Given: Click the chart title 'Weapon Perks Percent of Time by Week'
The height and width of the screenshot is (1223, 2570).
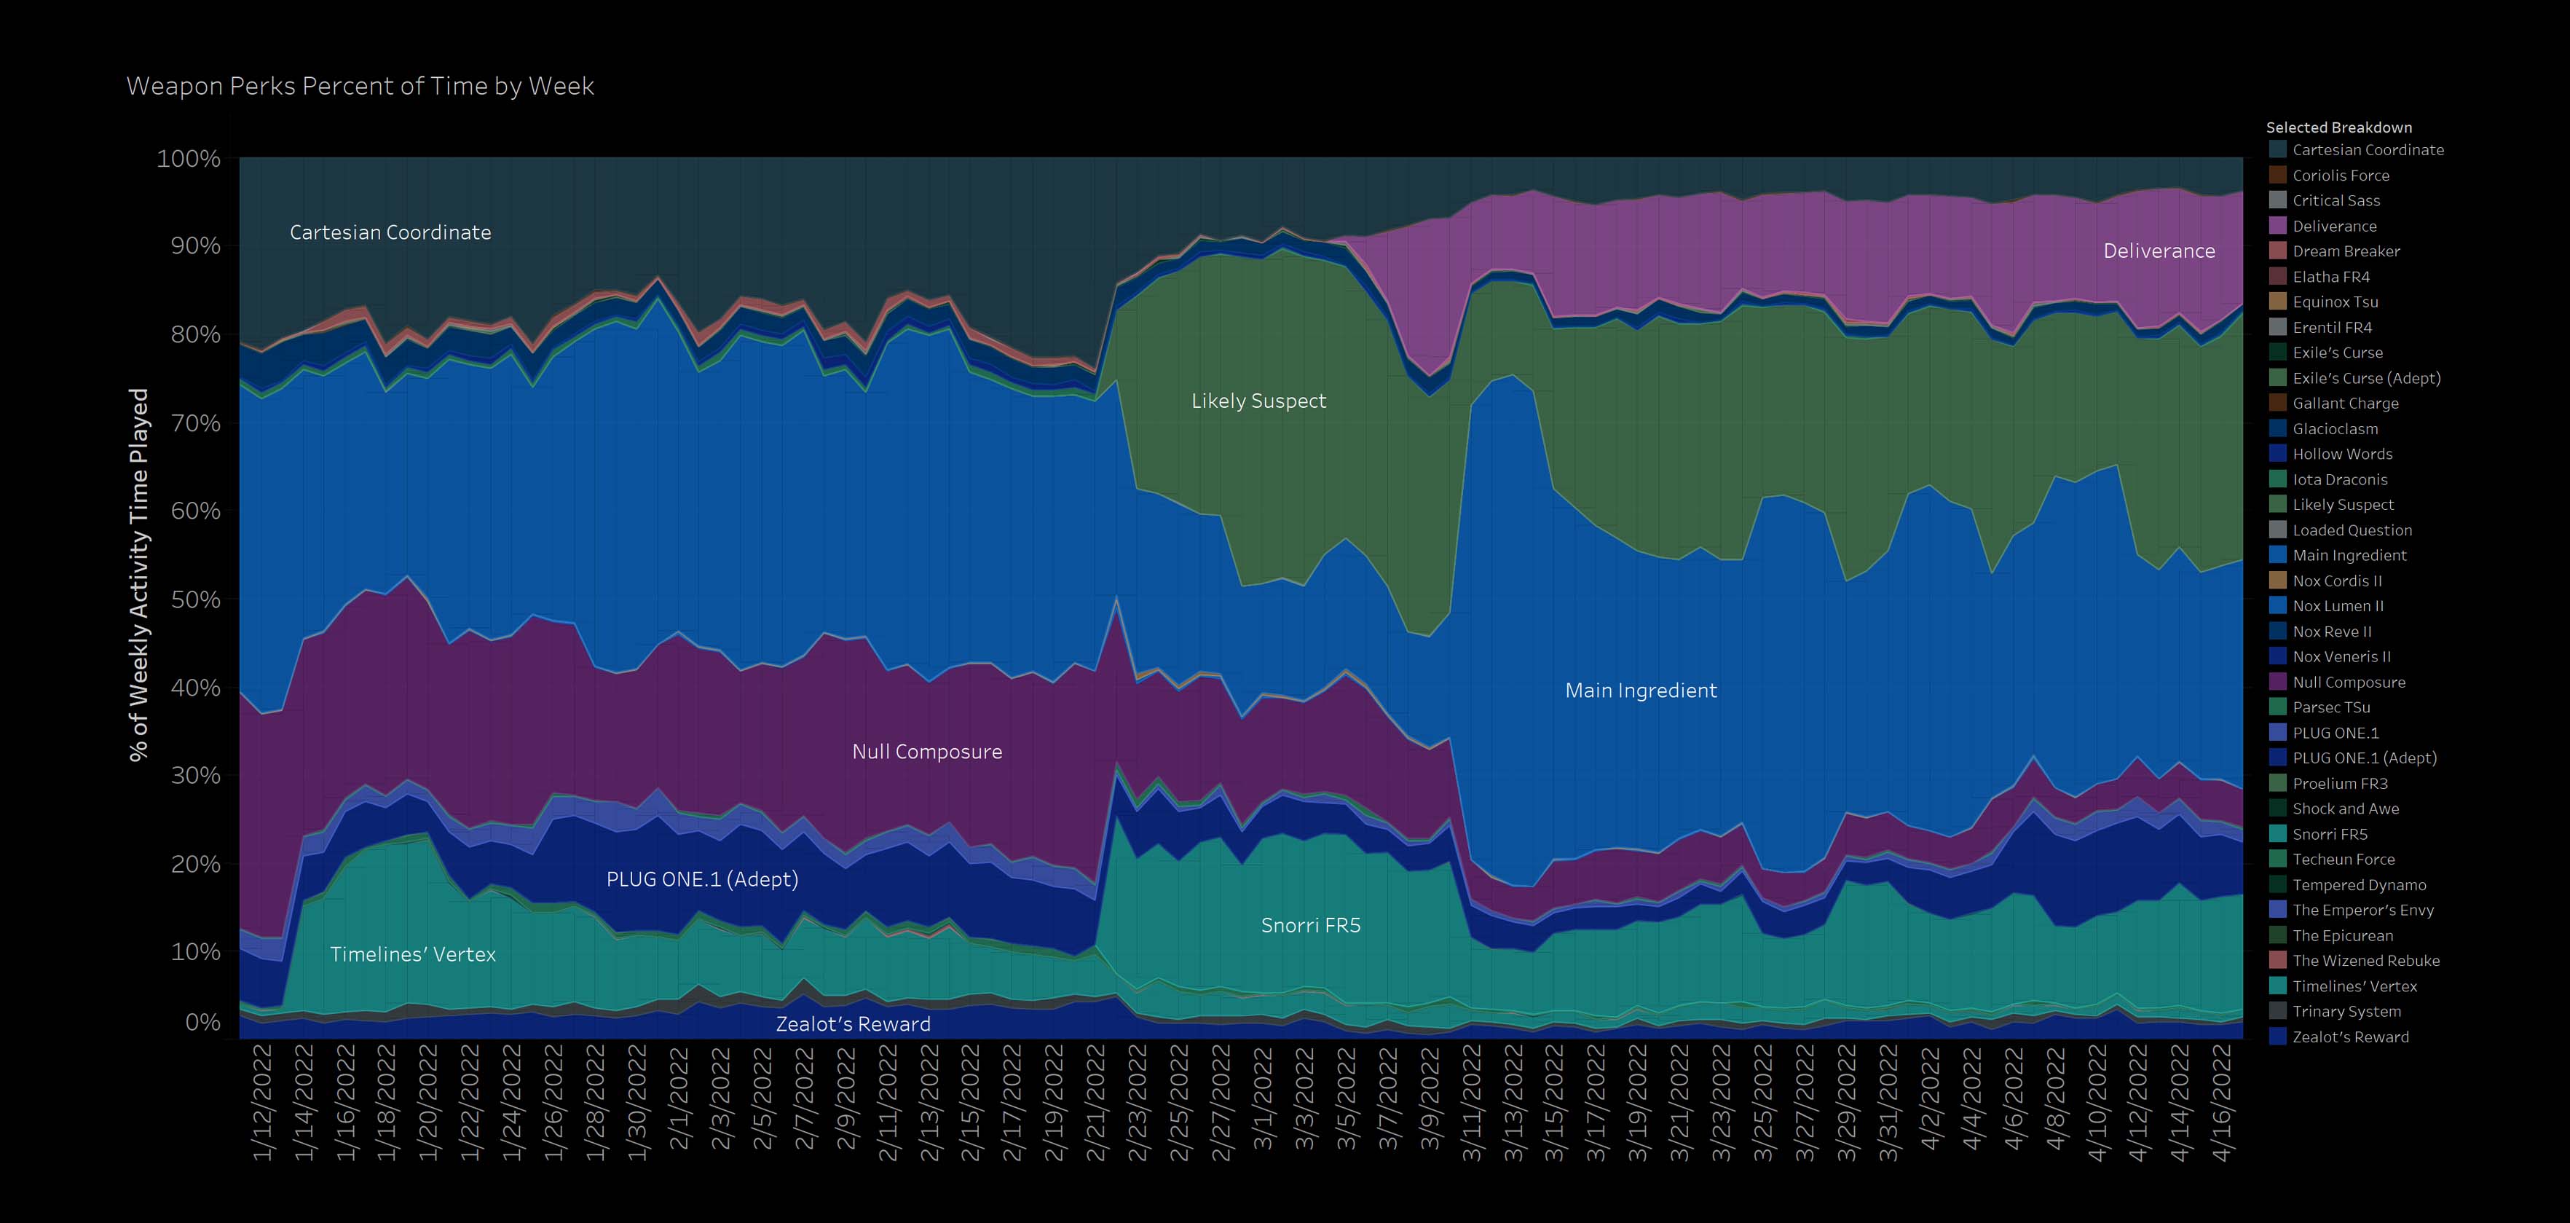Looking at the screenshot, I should pos(360,87).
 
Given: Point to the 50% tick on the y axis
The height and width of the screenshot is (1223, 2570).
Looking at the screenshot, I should pos(189,599).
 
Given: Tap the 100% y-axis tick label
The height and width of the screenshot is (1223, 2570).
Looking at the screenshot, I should pos(189,159).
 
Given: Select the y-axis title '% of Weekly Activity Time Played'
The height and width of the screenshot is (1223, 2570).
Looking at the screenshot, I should pos(138,575).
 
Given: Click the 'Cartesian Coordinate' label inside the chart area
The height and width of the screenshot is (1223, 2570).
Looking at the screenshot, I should pos(390,232).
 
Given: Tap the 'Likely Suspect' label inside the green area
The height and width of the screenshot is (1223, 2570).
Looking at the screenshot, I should pos(1258,401).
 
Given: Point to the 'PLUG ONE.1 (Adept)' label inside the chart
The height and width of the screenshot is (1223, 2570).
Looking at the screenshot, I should pos(702,880).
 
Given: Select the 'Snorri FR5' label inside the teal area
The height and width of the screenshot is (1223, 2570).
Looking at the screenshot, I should pos(1310,926).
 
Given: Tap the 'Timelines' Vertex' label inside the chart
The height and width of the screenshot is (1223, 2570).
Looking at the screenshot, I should pos(413,955).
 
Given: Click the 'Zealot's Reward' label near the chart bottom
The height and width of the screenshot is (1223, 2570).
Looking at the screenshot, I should pos(853,1024).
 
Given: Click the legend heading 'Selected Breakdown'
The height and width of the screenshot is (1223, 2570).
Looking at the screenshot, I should pos(2338,127).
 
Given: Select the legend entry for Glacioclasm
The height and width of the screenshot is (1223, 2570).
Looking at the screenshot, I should pos(2335,429).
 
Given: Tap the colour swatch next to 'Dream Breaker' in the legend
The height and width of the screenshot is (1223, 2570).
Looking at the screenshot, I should pos(2278,251).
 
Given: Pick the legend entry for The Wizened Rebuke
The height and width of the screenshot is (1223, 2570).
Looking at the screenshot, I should pos(2365,961).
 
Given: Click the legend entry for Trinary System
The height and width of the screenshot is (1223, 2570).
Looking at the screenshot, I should pos(2346,1012).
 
